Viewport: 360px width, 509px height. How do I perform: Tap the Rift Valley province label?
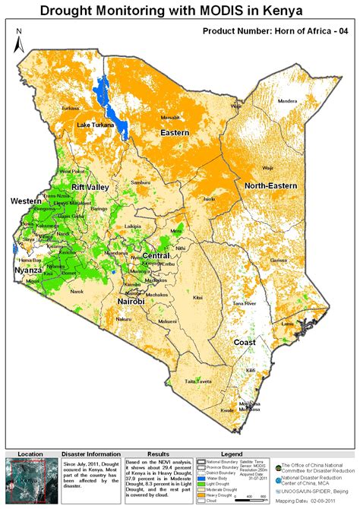pyautogui.click(x=91, y=187)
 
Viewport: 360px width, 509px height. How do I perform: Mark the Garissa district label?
pyautogui.click(x=278, y=260)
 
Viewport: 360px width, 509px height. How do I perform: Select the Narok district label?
pyautogui.click(x=77, y=291)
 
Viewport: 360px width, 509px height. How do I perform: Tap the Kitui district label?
pyautogui.click(x=198, y=298)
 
